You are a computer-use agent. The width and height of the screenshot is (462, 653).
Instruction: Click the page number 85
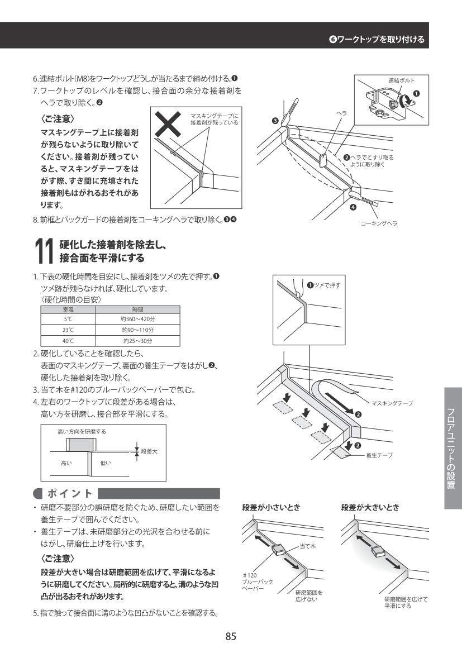[231, 636]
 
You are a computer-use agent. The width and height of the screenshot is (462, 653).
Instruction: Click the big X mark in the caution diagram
[169, 125]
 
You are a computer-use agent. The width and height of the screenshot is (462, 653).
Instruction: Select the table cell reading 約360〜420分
[137, 316]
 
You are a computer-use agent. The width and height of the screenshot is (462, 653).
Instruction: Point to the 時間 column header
[137, 308]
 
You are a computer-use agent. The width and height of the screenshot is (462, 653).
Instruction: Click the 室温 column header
[68, 308]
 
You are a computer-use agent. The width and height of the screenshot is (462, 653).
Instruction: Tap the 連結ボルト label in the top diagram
[401, 80]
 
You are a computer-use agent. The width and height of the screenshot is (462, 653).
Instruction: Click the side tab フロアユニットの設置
[453, 448]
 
